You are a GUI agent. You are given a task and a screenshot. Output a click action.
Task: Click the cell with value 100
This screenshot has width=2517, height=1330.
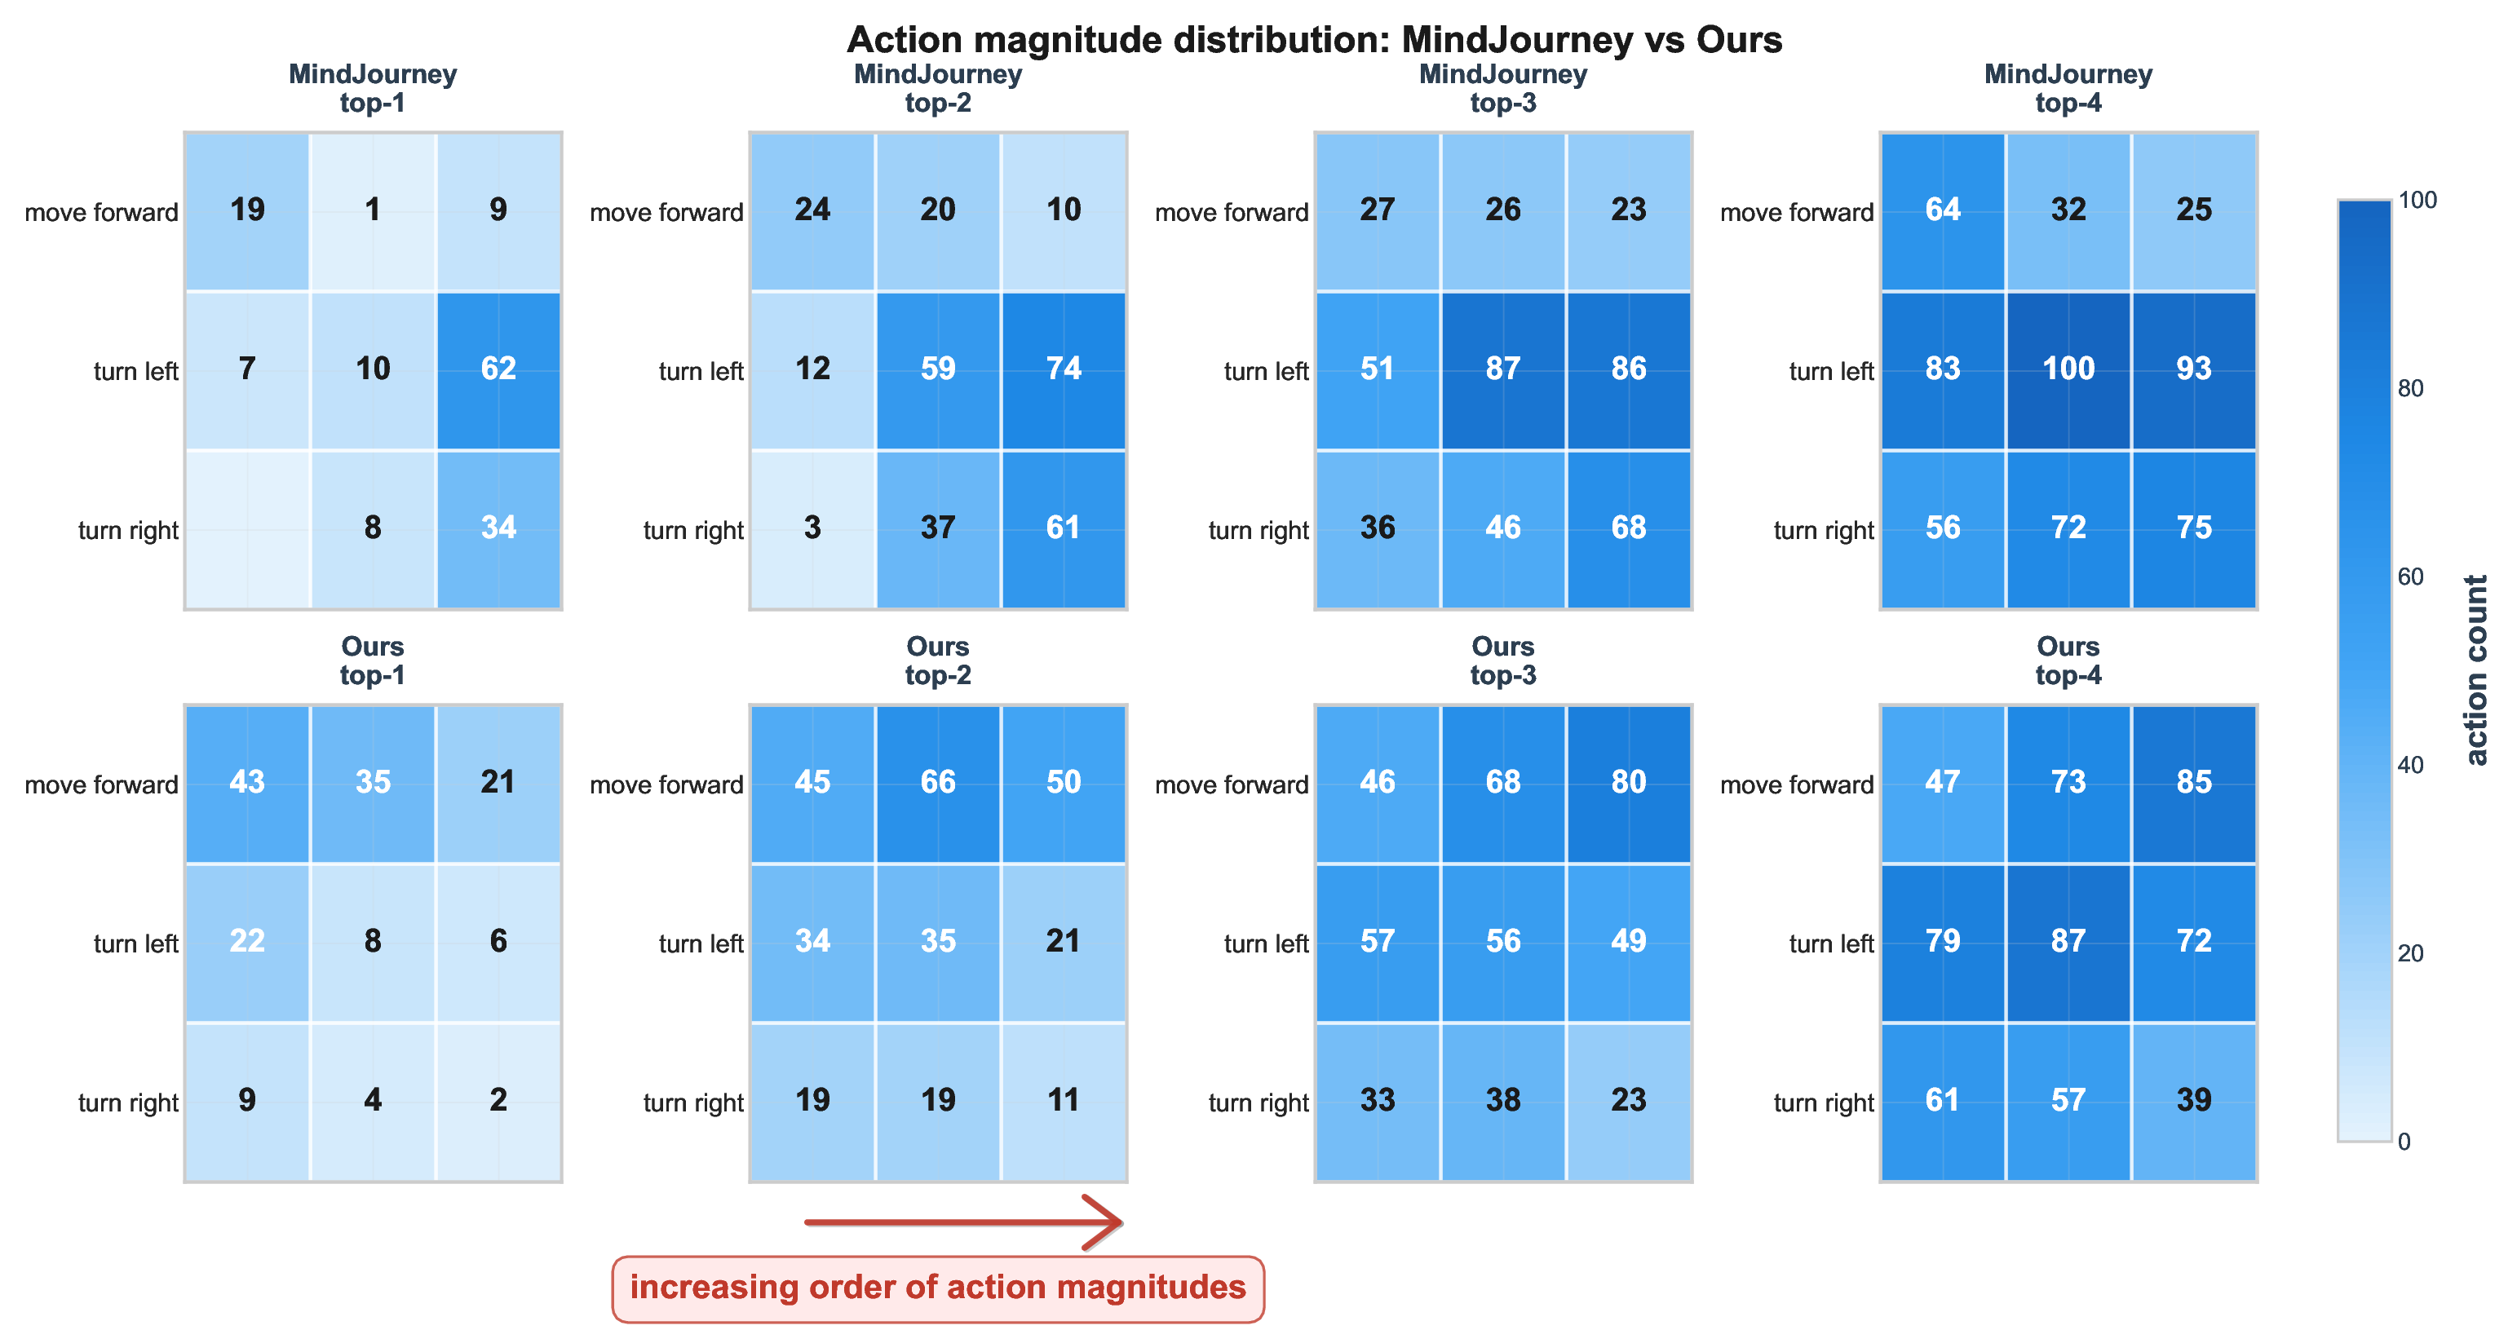click(x=2068, y=369)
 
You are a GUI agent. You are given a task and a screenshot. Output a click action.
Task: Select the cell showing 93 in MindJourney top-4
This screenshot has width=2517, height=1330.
click(x=2193, y=369)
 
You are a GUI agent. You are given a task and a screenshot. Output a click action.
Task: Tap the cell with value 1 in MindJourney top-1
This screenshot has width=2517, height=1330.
click(x=372, y=210)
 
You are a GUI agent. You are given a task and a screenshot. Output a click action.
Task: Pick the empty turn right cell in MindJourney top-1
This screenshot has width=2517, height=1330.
click(x=247, y=528)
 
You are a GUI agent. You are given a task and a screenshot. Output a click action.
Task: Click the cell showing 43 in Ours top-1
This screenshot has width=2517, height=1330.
click(x=247, y=783)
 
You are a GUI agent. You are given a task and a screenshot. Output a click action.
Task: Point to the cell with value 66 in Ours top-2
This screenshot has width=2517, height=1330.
click(x=938, y=783)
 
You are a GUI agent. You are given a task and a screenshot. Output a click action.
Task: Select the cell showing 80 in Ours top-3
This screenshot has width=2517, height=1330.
click(x=1628, y=783)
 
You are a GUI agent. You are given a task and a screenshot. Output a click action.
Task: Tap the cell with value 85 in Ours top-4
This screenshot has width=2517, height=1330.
click(x=2193, y=783)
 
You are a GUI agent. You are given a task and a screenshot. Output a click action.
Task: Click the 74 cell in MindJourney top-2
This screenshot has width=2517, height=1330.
click(x=1063, y=369)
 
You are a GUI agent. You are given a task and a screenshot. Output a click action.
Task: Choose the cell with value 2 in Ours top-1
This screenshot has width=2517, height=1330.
click(x=498, y=1100)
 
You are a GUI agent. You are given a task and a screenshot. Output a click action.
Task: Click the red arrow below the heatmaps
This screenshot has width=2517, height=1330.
click(x=962, y=1222)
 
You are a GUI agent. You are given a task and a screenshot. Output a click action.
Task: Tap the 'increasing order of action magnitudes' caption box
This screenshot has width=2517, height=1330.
click(x=938, y=1288)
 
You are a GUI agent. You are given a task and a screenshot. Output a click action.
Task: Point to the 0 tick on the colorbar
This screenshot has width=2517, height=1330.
click(x=2404, y=1142)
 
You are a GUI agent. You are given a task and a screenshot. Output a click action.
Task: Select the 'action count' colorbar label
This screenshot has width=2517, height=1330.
click(x=2475, y=670)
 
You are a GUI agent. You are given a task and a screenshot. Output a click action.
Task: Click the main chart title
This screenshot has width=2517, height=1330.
click(x=1314, y=39)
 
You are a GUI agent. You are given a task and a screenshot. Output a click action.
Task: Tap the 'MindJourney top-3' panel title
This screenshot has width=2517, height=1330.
click(x=1502, y=88)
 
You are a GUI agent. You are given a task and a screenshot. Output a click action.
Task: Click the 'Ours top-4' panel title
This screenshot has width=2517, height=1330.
click(x=2068, y=661)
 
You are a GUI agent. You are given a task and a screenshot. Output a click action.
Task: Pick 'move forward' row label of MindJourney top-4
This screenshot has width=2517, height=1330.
click(x=1796, y=212)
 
